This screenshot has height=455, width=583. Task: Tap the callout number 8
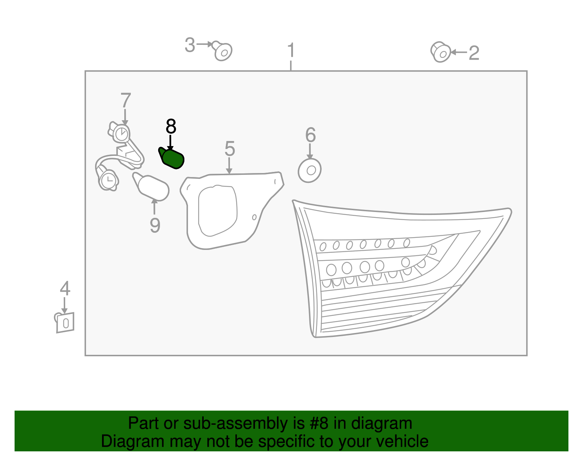pos(171,126)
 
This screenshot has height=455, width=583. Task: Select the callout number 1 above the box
pos(291,50)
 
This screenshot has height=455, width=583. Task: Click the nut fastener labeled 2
pos(441,52)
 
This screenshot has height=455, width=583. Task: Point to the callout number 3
pos(190,45)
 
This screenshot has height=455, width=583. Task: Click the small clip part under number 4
pos(64,323)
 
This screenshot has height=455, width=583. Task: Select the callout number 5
pos(230,149)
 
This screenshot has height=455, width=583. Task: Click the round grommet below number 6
pos(310,170)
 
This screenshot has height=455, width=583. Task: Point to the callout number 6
pos(310,135)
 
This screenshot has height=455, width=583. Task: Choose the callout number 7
pos(126,100)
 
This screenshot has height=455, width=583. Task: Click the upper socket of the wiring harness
pos(120,133)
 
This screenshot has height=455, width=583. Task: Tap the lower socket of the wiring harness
pos(108,180)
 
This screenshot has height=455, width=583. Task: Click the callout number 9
pos(155,225)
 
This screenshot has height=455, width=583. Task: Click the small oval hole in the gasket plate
pos(254,217)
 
